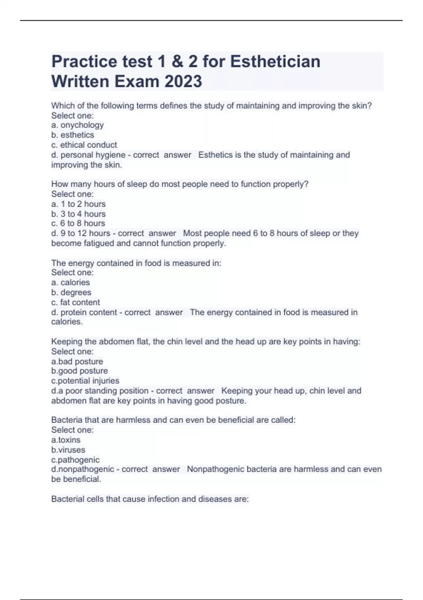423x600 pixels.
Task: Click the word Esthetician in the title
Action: point(275,62)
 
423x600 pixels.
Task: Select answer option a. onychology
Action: point(78,125)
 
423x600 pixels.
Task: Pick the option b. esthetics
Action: point(73,135)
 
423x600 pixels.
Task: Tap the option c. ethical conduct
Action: point(84,145)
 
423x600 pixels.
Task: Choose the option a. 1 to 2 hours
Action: point(78,204)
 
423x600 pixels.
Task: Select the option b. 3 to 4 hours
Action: point(78,214)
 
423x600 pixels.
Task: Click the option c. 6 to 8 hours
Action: point(78,223)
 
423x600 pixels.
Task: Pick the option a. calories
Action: point(70,282)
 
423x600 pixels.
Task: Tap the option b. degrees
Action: point(71,292)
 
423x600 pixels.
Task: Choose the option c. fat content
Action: point(75,302)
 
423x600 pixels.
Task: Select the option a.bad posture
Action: point(77,361)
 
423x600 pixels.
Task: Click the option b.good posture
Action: point(79,371)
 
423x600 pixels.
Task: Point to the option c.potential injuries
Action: point(85,381)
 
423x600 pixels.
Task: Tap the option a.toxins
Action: point(66,440)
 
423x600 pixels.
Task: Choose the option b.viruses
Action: point(68,450)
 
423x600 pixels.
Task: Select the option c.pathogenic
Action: point(75,460)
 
